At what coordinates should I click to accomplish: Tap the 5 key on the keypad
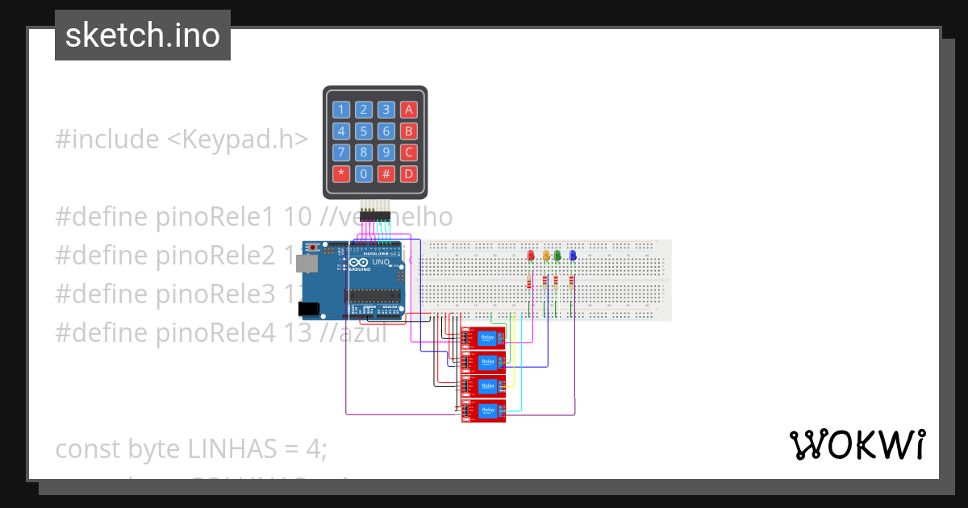coord(364,131)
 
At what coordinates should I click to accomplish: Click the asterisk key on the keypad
coord(341,173)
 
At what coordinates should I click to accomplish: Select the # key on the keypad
coord(386,173)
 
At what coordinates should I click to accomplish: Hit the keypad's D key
coord(409,173)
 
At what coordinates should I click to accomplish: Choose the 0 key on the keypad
coord(364,173)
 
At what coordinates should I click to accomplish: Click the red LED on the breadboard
coord(531,256)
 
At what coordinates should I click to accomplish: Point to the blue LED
coord(573,256)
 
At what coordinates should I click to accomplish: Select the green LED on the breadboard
coord(557,256)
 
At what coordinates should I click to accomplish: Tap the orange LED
coord(546,256)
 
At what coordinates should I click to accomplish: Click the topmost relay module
coord(483,338)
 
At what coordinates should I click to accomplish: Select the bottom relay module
coord(483,411)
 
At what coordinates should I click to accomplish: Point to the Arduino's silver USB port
coord(306,263)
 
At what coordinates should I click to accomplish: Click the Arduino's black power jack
coord(307,308)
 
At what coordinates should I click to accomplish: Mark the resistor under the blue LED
coord(571,282)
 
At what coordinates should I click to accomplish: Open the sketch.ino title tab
coord(143,35)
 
